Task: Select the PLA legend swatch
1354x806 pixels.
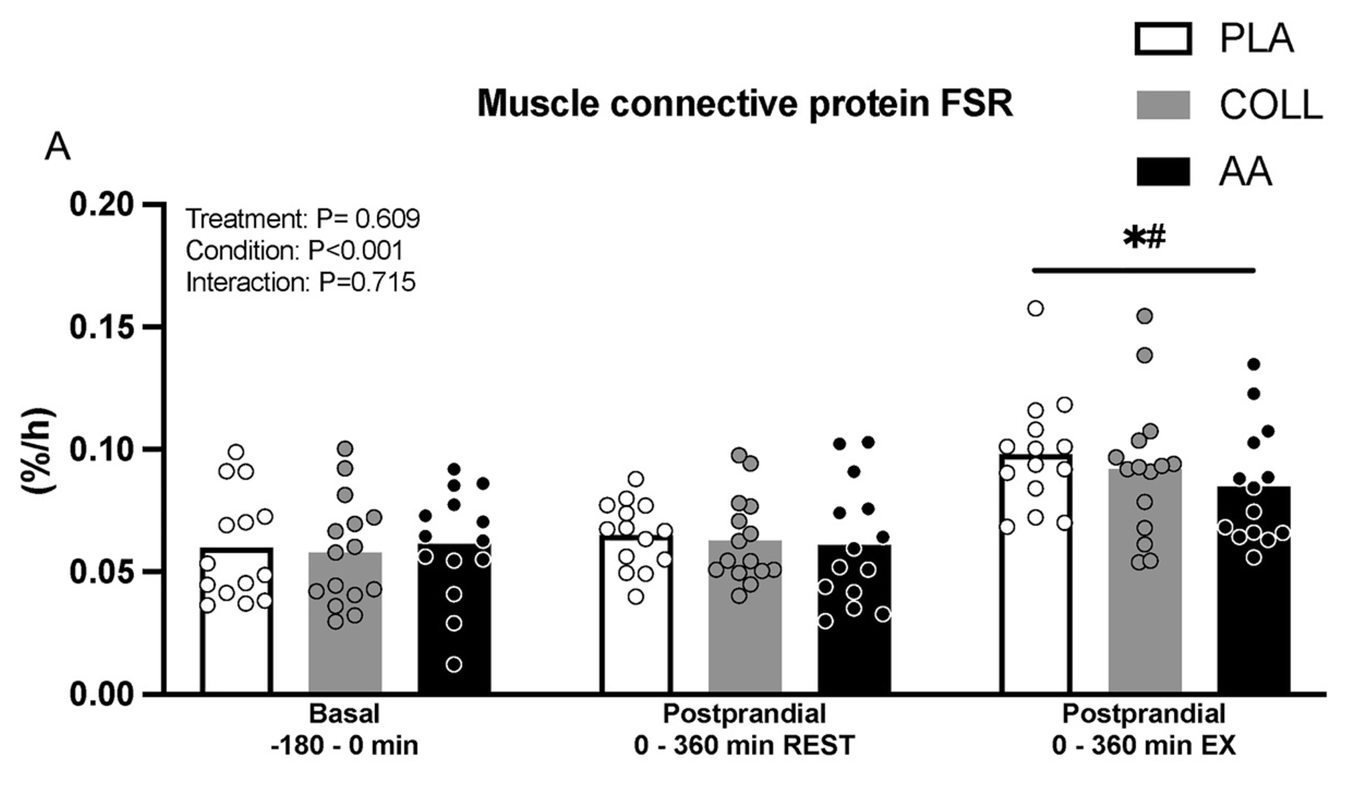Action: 1163,38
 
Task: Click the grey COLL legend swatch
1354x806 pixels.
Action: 1163,105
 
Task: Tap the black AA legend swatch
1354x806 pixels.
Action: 1163,172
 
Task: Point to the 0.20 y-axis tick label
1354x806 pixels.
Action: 102,204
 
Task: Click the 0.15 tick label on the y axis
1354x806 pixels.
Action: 102,327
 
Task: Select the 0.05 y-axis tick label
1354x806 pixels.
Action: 102,572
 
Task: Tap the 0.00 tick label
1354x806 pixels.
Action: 102,694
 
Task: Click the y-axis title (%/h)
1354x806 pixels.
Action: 39,450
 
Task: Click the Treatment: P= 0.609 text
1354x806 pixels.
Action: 303,219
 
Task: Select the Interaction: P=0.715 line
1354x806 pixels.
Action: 301,283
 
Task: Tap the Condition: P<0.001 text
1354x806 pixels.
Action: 295,251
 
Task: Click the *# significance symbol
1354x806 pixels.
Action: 1144,238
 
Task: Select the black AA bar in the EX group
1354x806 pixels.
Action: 1254,623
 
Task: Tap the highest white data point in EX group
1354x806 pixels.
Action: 1035,309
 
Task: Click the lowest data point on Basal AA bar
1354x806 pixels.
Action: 454,665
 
